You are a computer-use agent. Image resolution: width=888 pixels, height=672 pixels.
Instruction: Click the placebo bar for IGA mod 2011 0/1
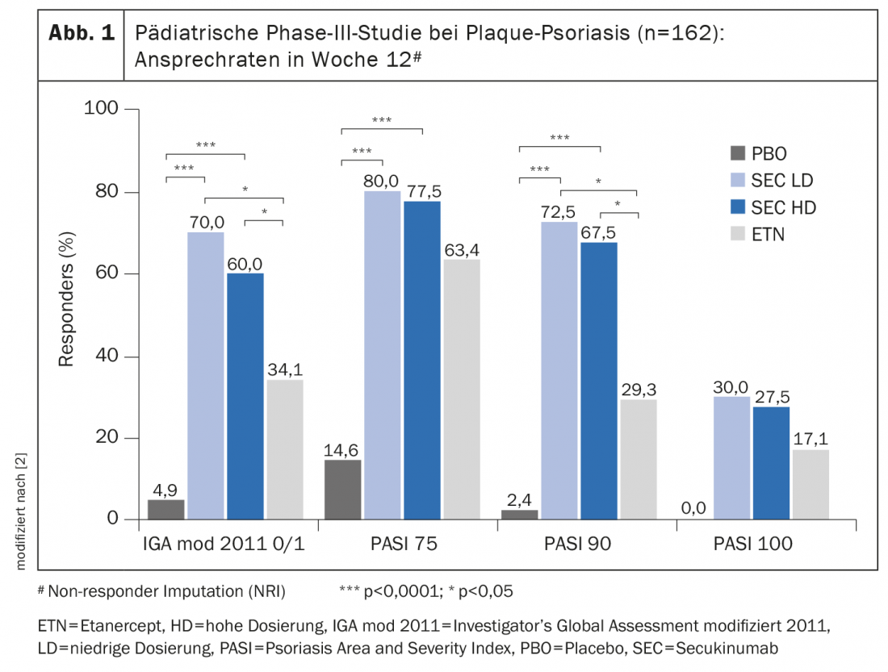[166, 510]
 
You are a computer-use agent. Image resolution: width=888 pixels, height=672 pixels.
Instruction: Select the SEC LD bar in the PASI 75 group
[382, 356]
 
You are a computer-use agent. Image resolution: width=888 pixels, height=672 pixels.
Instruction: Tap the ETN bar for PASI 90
[639, 460]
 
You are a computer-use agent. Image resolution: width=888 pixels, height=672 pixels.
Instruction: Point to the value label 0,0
[694, 507]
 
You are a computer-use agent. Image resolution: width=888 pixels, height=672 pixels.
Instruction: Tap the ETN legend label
[769, 235]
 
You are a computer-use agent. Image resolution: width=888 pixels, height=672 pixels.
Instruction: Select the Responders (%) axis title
[66, 300]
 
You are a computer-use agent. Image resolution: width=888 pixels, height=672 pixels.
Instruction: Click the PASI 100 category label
[753, 545]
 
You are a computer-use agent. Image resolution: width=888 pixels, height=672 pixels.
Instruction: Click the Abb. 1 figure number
[81, 34]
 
